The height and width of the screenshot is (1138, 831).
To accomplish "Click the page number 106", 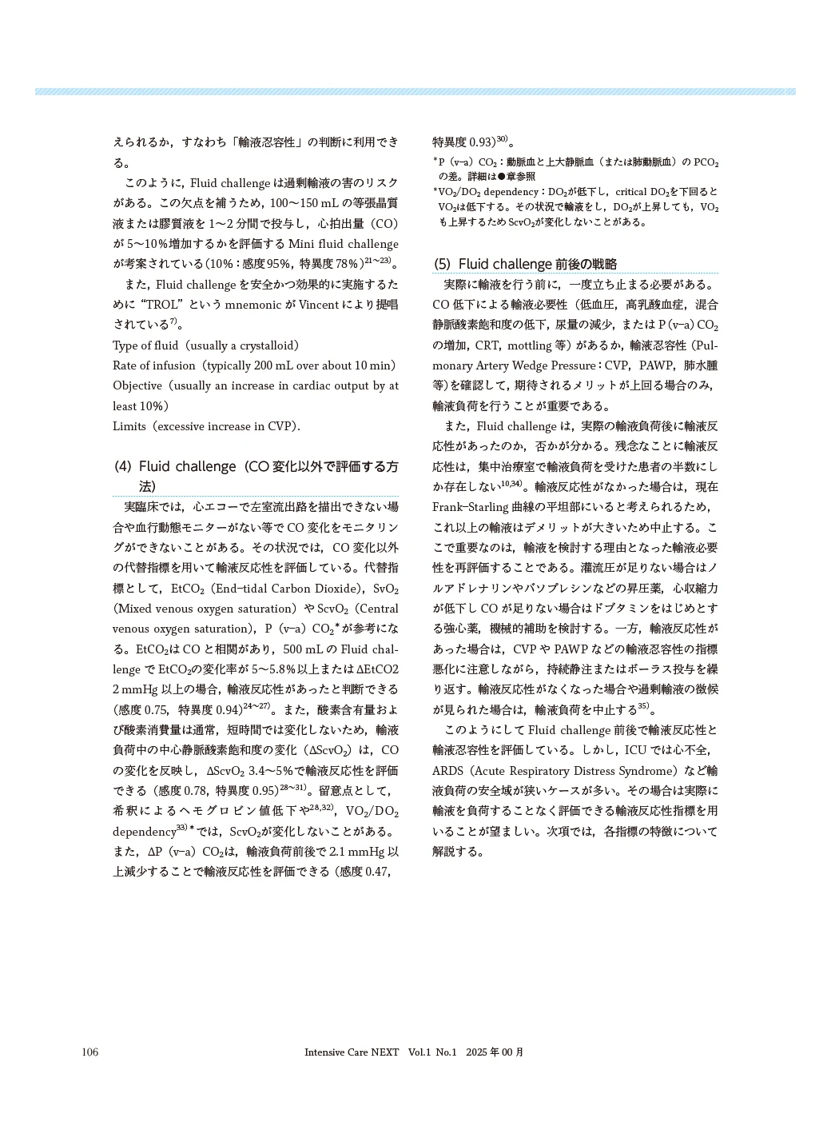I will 89,1052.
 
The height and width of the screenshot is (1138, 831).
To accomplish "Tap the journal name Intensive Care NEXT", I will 352,1052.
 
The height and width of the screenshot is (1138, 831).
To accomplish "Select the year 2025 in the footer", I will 476,1052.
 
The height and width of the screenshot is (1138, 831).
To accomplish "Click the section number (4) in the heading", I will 123,466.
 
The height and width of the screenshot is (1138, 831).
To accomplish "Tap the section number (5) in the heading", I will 443,265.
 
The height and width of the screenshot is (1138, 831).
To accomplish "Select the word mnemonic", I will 243,305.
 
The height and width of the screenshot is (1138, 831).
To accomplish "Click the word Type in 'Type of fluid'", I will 125,345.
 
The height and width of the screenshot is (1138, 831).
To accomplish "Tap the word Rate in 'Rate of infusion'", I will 125,365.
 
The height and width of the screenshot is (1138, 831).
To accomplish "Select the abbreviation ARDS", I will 447,771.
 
